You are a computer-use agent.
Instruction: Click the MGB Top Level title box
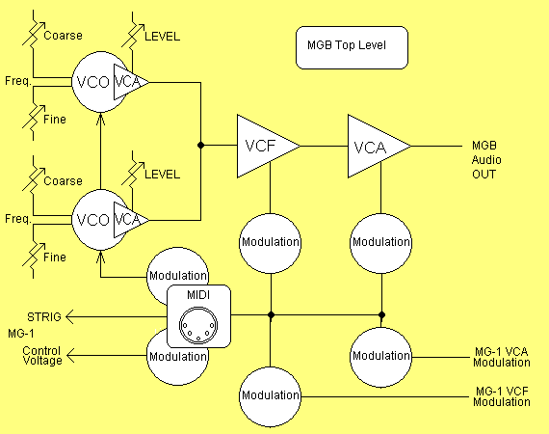pyautogui.click(x=353, y=47)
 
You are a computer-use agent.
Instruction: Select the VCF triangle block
pyautogui.click(x=263, y=146)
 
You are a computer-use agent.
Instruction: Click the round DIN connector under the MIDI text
pyautogui.click(x=198, y=322)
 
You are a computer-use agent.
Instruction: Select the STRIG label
pyautogui.click(x=43, y=315)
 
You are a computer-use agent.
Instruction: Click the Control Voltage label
pyautogui.click(x=41, y=355)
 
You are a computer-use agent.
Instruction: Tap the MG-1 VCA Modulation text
pyautogui.click(x=501, y=357)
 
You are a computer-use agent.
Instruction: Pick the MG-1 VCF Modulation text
pyautogui.click(x=501, y=394)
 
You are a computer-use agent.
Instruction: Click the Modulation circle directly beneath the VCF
pyautogui.click(x=270, y=241)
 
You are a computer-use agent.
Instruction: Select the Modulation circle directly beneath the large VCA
pyautogui.click(x=381, y=241)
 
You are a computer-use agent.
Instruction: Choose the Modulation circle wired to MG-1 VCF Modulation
pyautogui.click(x=270, y=395)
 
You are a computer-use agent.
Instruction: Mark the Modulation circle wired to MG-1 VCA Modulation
pyautogui.click(x=381, y=356)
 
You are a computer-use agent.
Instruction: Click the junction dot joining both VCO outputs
pyautogui.click(x=200, y=146)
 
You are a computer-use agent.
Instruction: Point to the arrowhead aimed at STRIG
pyautogui.click(x=71, y=315)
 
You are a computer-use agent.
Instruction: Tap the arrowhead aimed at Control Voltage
pyautogui.click(x=71, y=356)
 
